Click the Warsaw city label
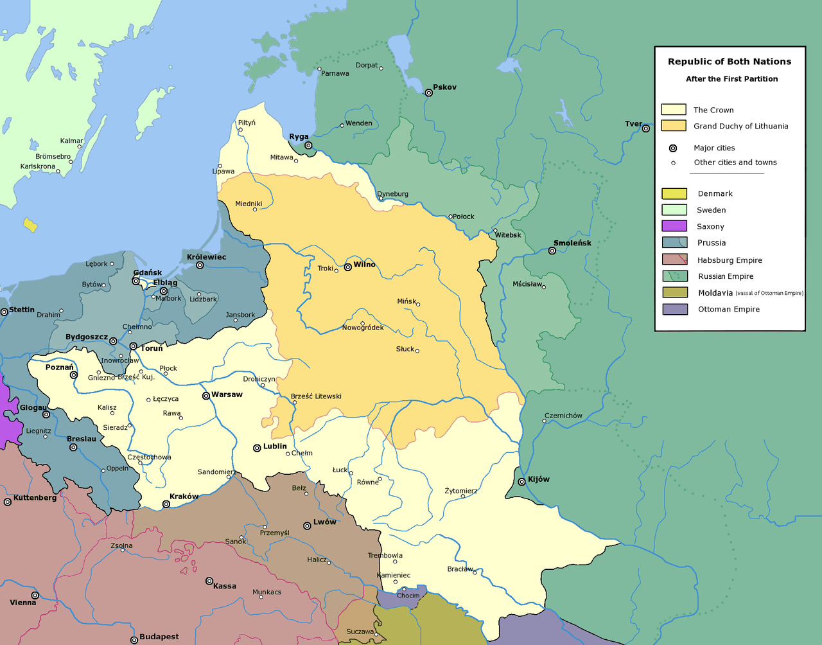point(227,394)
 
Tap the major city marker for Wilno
point(348,267)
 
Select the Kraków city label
point(184,497)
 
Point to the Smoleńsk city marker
point(552,251)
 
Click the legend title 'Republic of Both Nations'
point(730,62)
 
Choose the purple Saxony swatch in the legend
point(674,226)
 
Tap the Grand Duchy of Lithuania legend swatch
point(674,126)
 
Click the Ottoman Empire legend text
point(728,309)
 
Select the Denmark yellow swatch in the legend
point(674,193)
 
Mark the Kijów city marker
point(522,482)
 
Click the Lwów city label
point(325,522)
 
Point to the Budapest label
point(159,637)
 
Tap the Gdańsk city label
point(148,272)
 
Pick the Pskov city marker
point(429,93)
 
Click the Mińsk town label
point(407,301)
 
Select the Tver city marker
point(646,128)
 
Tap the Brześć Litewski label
point(316,396)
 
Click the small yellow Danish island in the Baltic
point(30,225)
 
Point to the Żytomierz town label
point(461,491)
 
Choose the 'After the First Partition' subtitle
point(731,79)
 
